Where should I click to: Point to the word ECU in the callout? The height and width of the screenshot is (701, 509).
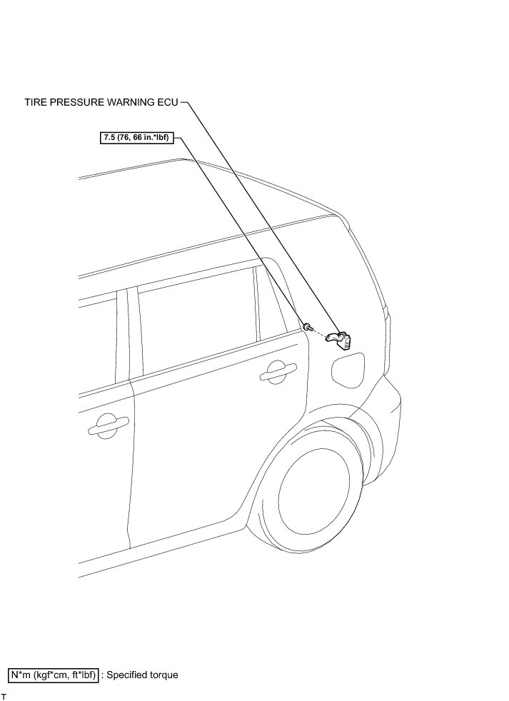click(x=167, y=103)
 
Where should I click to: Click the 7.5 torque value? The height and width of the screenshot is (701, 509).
click(x=109, y=137)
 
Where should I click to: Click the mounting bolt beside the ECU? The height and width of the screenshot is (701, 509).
click(x=307, y=326)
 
